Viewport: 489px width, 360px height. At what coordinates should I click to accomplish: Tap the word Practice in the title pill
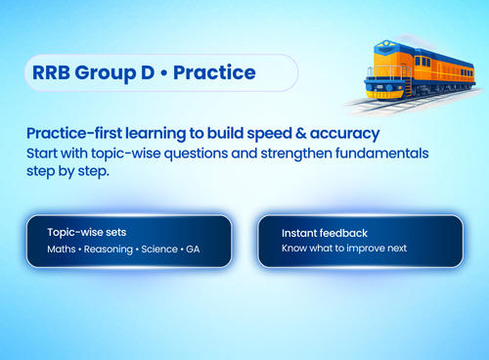[214, 72]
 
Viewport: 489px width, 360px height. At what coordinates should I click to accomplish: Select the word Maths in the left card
[63, 249]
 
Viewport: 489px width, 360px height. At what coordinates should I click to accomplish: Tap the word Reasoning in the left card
[111, 249]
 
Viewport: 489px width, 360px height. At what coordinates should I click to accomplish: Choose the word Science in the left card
[165, 249]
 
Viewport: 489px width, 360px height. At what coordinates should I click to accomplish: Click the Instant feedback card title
[325, 233]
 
